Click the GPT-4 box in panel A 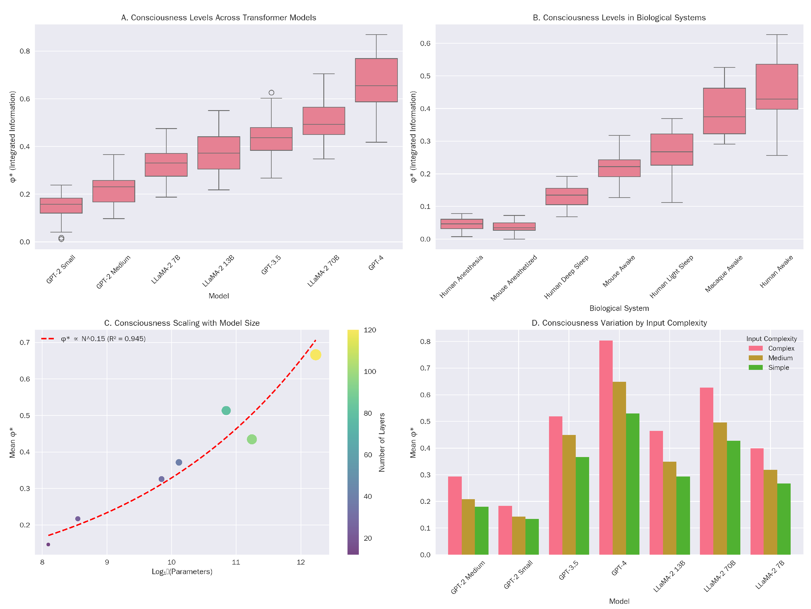[376, 80]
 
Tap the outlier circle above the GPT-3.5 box [271, 93]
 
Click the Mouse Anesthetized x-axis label [514, 278]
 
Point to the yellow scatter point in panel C [315, 355]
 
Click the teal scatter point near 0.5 [226, 410]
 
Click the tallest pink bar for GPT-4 [606, 447]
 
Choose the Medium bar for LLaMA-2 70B [720, 488]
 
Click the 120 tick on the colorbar [370, 330]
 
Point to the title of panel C [182, 323]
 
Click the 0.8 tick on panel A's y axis [25, 51]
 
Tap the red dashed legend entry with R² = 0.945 [94, 338]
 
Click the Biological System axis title [619, 308]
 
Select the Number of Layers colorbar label [382, 442]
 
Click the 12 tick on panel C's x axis [301, 562]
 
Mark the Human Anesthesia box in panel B [461, 224]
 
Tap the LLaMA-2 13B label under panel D [669, 576]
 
